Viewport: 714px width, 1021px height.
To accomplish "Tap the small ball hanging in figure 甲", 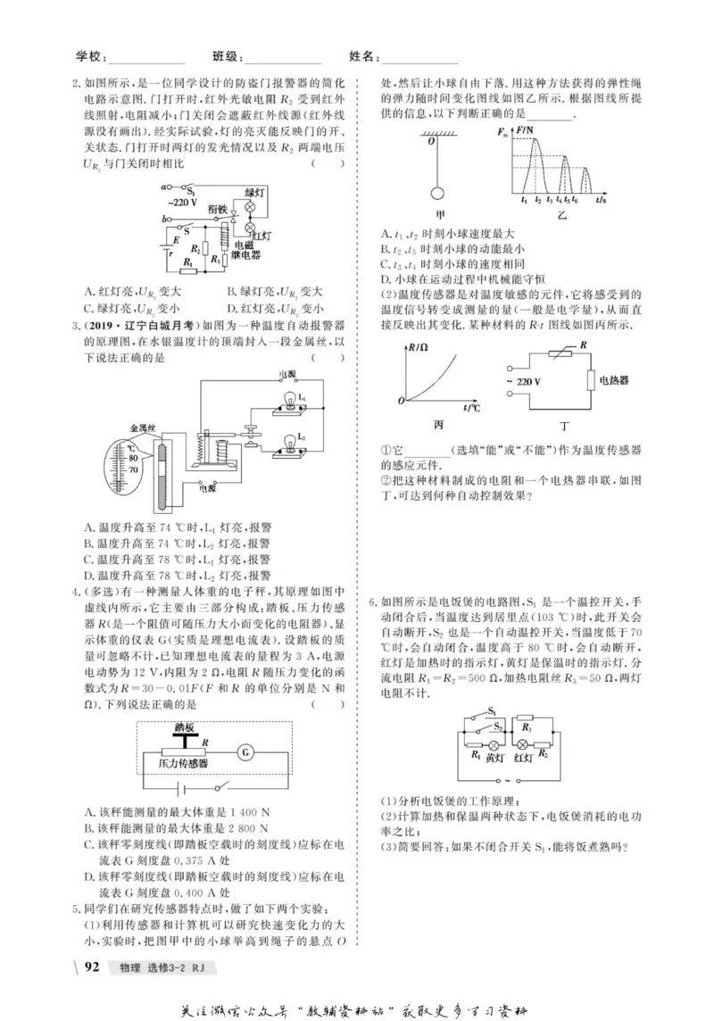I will (x=437, y=193).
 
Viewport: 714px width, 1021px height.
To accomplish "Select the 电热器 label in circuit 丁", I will (x=611, y=379).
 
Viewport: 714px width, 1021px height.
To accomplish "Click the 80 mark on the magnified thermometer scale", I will (x=134, y=457).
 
